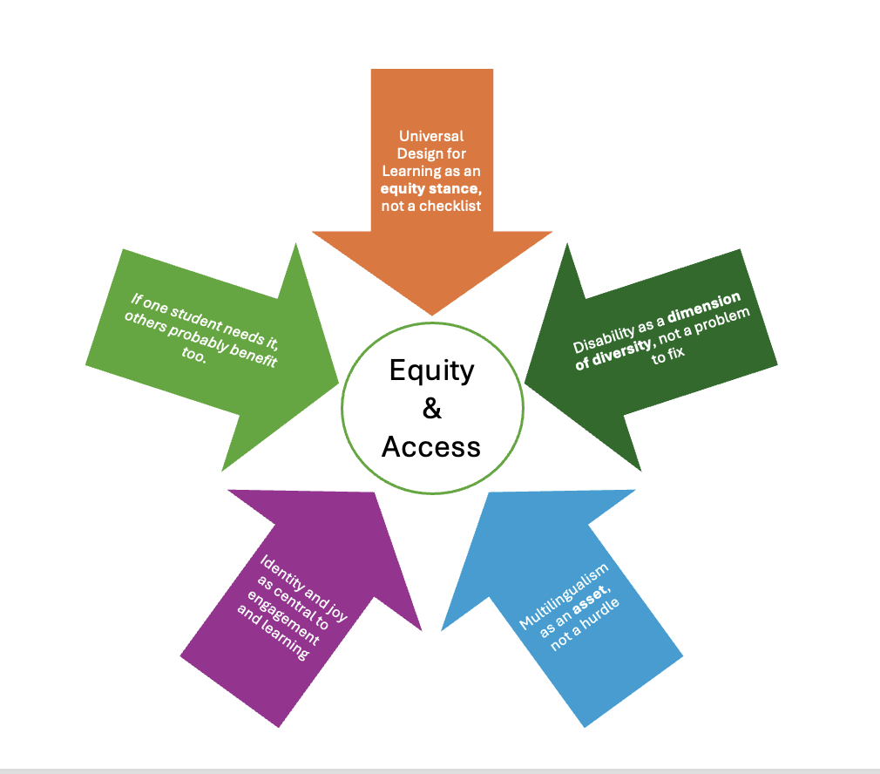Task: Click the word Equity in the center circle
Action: [431, 370]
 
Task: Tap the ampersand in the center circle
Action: [432, 408]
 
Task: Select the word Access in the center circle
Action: [431, 446]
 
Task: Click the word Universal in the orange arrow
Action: [431, 136]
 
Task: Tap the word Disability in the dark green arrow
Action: [603, 336]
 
